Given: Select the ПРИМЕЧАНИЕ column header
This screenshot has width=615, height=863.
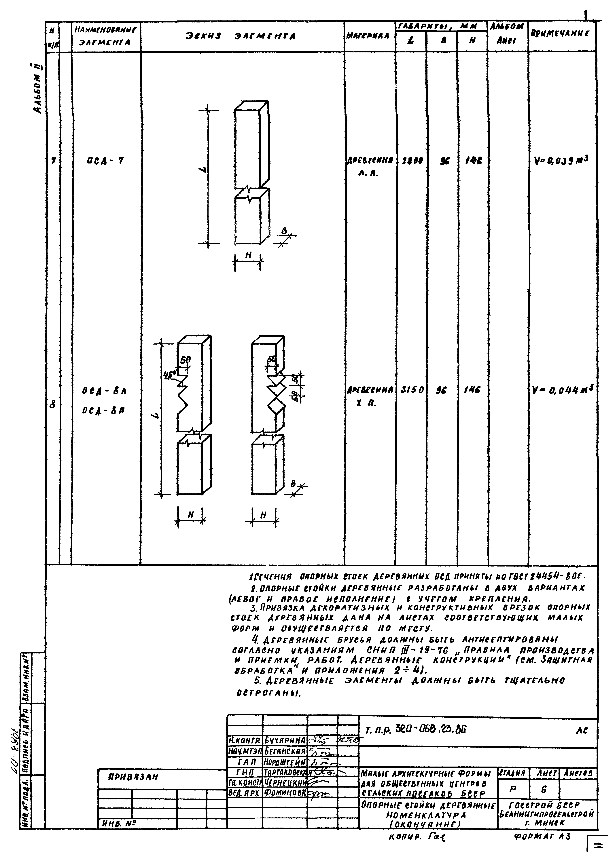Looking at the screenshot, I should coord(561,33).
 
